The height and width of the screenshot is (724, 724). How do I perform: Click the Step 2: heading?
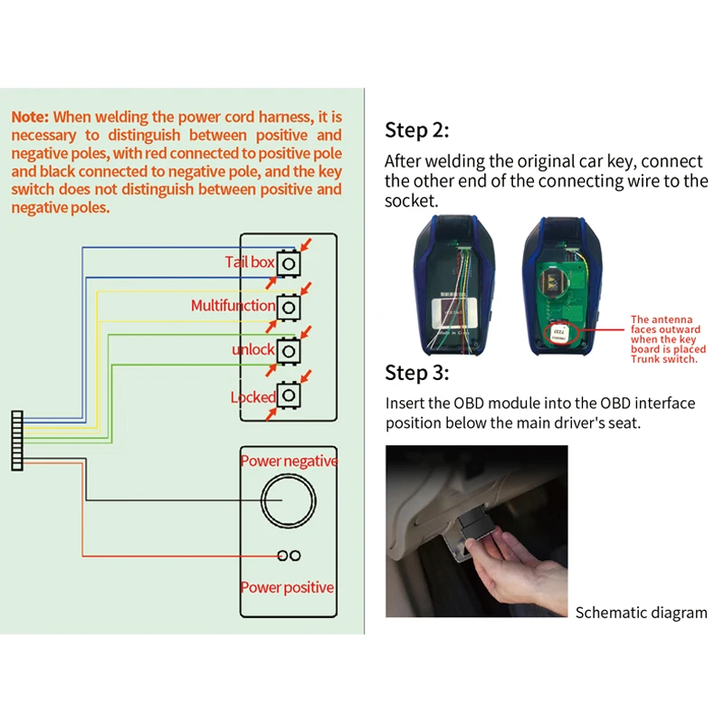[416, 130]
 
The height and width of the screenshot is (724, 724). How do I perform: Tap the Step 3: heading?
[416, 372]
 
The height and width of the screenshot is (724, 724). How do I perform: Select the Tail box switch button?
[288, 262]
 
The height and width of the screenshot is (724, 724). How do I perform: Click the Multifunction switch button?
[288, 307]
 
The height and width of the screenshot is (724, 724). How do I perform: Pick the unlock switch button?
[288, 350]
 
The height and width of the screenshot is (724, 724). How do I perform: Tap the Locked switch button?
[288, 395]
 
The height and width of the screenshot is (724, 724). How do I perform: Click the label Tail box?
[249, 262]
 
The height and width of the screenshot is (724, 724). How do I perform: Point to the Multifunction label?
[233, 306]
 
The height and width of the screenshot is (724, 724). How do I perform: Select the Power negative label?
[288, 462]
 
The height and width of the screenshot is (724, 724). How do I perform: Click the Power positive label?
[287, 587]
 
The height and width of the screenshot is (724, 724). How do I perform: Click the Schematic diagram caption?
[642, 613]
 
